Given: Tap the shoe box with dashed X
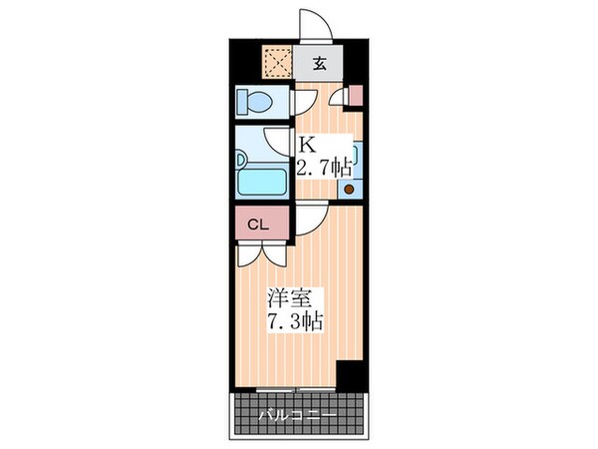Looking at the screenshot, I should tap(277, 62).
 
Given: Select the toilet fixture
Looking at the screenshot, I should tap(257, 103).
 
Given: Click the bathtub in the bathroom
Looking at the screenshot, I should tap(261, 183).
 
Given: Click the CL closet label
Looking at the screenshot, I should tap(257, 224).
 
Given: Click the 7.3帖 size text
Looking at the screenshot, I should tap(294, 322).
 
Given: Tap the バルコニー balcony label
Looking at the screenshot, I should tap(296, 414).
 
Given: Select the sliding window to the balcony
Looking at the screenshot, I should tap(296, 388).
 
